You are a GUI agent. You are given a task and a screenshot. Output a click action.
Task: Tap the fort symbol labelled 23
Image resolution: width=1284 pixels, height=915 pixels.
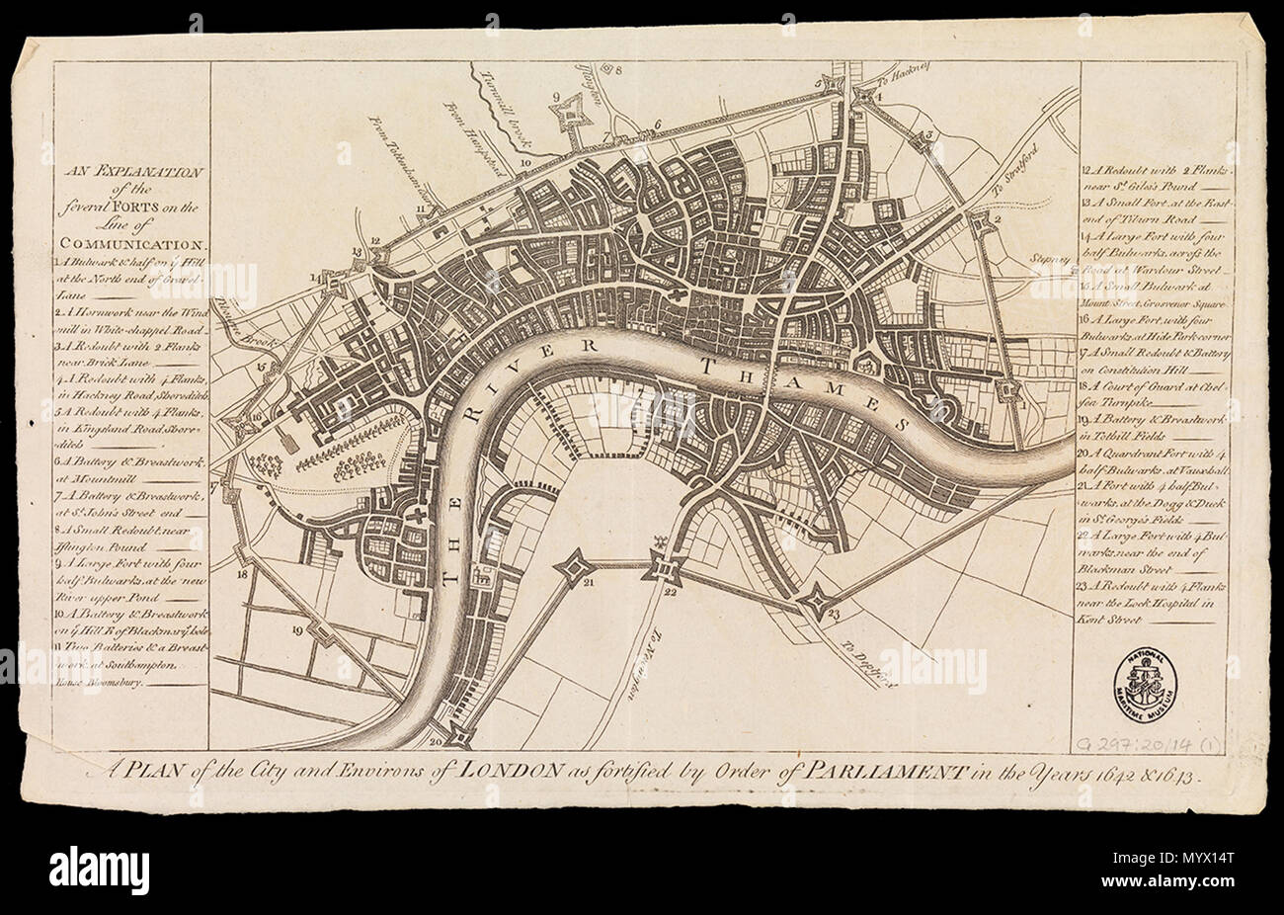point(817,600)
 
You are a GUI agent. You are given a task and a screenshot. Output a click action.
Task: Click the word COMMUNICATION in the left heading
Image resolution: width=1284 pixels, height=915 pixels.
point(134,242)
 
